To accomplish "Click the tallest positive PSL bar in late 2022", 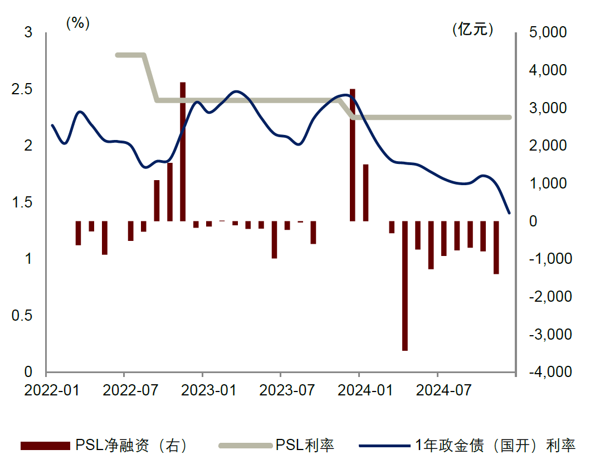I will coord(183,152).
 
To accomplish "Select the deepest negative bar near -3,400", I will coord(405,286).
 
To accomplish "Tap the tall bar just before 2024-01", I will coord(353,155).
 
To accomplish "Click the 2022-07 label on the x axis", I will coord(124,390).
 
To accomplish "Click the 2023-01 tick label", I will coord(202,390).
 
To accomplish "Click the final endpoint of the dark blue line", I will coord(509,213).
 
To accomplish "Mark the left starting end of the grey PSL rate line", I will coord(117,55).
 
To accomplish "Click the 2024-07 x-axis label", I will coord(438,390).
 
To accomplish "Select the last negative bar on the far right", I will coord(496,247).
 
